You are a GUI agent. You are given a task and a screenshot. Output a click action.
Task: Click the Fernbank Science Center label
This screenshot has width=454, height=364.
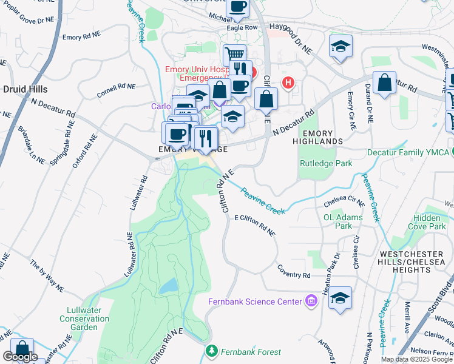click(255, 302)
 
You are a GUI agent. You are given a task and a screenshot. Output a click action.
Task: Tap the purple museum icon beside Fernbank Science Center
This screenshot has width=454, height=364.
click(311, 301)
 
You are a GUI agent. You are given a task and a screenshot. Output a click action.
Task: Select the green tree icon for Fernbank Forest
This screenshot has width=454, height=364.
click(211, 351)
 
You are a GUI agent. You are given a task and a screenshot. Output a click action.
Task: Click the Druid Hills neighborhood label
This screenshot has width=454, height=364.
click(25, 89)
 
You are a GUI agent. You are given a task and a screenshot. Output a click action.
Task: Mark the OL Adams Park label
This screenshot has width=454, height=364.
click(343, 221)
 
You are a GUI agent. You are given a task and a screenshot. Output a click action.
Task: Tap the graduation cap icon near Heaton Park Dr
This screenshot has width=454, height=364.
click(340, 298)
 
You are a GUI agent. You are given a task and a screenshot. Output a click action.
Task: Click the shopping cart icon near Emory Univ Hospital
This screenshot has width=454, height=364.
click(234, 55)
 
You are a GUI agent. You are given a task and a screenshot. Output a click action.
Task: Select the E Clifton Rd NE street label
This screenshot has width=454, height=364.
click(255, 225)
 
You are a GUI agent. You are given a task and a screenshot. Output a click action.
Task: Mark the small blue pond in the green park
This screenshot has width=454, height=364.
click(171, 285)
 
